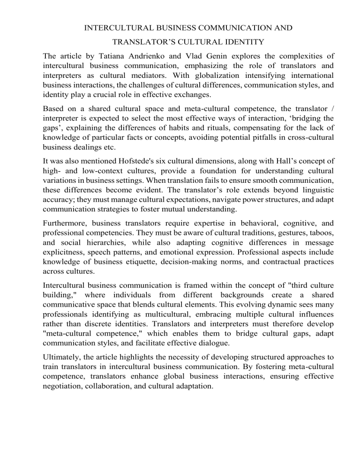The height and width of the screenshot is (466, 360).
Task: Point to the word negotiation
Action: (64, 384)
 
